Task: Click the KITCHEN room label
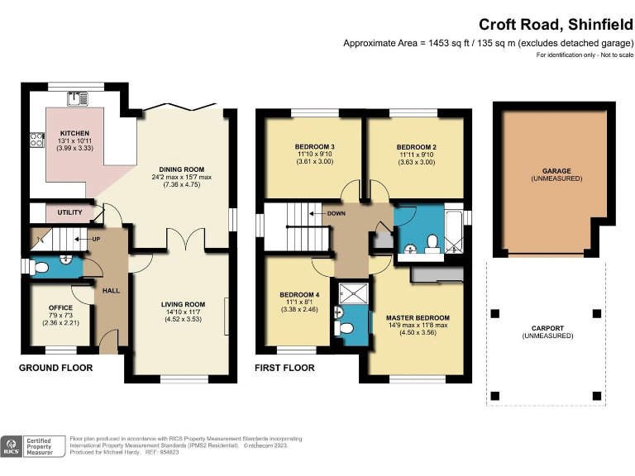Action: (74, 134)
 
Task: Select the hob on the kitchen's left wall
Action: (36, 140)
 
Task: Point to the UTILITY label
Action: (69, 212)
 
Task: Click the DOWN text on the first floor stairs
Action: (336, 213)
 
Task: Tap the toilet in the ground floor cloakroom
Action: (43, 267)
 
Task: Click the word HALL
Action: (111, 291)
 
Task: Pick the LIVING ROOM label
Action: (182, 305)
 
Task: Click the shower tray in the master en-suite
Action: (351, 292)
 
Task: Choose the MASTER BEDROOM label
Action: (418, 318)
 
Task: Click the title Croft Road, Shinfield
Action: (556, 25)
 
